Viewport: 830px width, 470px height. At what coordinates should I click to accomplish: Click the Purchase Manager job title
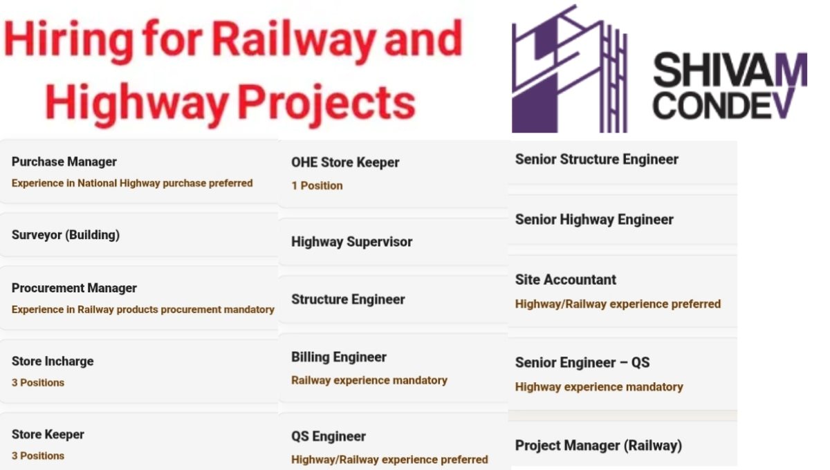[x=64, y=162]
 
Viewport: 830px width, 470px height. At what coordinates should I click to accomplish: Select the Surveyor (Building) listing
[x=66, y=235]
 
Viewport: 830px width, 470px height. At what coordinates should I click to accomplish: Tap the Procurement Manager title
[x=74, y=288]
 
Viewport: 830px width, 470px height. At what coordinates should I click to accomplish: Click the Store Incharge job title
[x=53, y=361]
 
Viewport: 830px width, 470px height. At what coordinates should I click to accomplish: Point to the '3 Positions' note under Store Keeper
[x=38, y=456]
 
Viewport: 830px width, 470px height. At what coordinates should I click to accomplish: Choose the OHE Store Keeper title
[x=345, y=163]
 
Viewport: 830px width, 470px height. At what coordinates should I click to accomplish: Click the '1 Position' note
[x=317, y=186]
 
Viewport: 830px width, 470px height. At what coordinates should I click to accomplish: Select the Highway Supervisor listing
[x=351, y=242]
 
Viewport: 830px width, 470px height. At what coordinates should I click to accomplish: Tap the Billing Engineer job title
[x=339, y=357]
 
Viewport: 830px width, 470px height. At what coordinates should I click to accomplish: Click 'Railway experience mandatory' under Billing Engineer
[x=369, y=380]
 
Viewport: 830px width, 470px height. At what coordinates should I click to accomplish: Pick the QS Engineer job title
[x=329, y=437]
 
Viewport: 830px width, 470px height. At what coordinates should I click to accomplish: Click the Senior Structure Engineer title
[x=597, y=160]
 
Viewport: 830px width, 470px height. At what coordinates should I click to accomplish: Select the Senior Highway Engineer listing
[x=594, y=220]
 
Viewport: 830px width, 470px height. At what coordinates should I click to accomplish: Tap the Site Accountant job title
[x=566, y=280]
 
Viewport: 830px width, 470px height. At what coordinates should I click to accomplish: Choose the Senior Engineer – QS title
[x=582, y=363]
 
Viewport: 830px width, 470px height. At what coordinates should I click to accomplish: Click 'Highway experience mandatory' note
[x=599, y=387]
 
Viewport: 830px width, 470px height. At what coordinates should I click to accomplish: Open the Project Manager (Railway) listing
[x=598, y=446]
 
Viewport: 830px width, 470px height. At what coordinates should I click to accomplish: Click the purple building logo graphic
[x=569, y=69]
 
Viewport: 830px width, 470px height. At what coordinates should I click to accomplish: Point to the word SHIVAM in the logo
[x=730, y=70]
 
